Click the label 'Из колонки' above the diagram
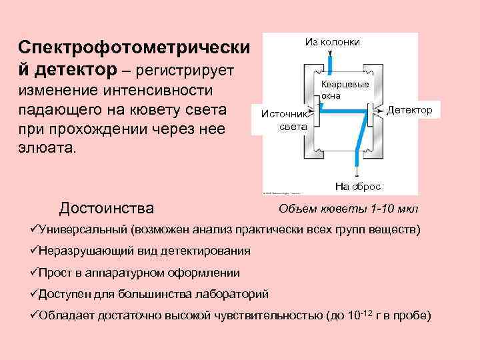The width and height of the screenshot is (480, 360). (x=332, y=42)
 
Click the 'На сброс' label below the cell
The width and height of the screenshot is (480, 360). (x=355, y=185)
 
